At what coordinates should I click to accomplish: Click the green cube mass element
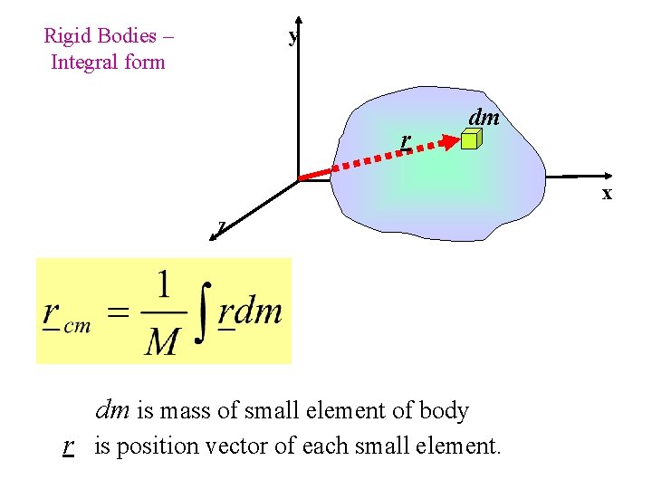tap(470, 139)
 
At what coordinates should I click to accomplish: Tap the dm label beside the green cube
tap(484, 117)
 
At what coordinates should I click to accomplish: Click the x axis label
tap(607, 193)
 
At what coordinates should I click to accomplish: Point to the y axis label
tap(292, 37)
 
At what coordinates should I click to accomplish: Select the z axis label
tap(222, 225)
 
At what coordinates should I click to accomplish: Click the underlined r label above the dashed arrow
tap(407, 140)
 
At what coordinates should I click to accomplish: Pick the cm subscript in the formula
tap(77, 327)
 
